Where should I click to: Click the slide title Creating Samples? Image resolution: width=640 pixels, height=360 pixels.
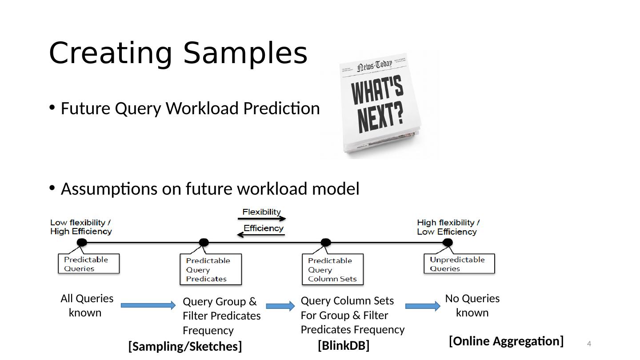178,53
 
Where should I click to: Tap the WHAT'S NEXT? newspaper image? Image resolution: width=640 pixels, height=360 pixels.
379,104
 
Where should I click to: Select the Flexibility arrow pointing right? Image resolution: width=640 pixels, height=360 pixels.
262,218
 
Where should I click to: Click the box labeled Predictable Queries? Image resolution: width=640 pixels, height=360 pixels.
89,264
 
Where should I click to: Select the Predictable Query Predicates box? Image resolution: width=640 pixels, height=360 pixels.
211,269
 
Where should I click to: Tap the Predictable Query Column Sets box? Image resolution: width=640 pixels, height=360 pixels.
332,269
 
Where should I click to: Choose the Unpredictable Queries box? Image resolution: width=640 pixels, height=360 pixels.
459,264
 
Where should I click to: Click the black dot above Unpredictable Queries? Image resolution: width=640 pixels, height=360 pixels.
448,242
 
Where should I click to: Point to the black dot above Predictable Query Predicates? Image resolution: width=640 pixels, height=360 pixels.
204,242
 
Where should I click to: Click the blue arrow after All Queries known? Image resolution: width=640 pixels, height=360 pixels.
148,305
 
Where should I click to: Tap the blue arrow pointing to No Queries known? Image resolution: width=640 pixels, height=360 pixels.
423,306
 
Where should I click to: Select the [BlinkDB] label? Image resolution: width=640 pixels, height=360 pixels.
344,345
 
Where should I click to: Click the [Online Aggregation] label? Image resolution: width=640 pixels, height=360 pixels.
506,341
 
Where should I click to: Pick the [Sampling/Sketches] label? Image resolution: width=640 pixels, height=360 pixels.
185,346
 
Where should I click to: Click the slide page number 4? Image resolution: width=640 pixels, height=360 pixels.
589,344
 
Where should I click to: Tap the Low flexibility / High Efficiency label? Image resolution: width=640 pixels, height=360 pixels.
81,227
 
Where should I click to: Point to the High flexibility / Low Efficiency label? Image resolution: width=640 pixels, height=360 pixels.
448,227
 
